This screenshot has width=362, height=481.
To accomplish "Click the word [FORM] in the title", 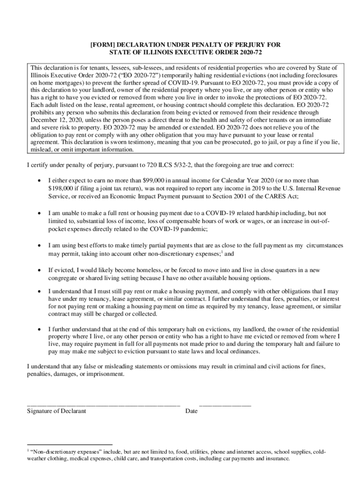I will pos(101,45).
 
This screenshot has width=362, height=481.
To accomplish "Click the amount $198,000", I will pos(63,188).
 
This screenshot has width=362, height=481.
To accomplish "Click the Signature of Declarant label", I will pos(56,411).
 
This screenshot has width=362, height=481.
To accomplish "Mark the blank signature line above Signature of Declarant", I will pos(103,404).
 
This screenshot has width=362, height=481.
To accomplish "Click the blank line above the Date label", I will pos(225,404).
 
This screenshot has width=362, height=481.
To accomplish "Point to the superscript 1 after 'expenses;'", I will pos(222,252).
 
